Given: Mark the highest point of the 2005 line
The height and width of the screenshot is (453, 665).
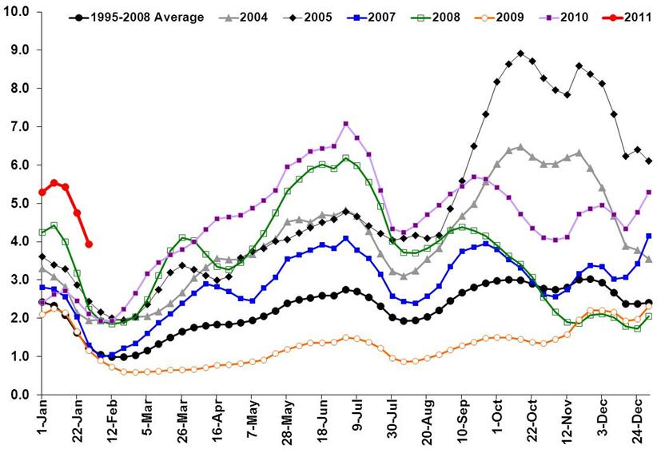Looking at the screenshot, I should (520, 54).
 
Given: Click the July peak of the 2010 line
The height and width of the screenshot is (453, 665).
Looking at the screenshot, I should (345, 124).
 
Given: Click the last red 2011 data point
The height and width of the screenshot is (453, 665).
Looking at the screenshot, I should (89, 244).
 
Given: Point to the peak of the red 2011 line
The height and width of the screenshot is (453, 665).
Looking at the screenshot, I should (54, 183).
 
